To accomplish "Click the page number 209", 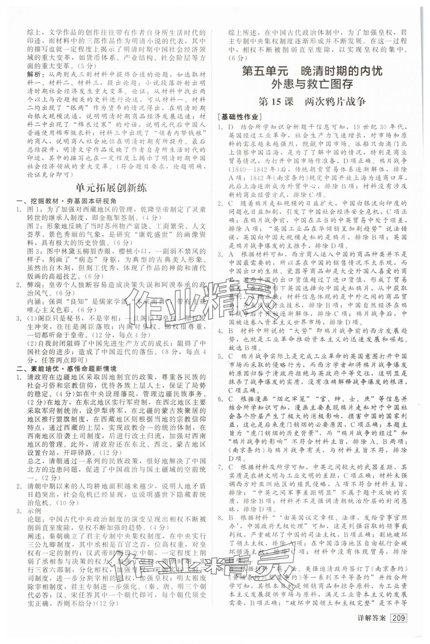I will coord(399,618).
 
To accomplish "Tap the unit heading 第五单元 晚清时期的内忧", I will coord(312,71).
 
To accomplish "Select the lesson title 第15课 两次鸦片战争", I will coord(312,102).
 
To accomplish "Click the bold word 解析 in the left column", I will coord(35,75).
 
